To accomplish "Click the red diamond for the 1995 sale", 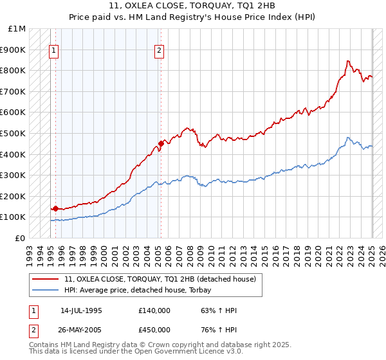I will coord(55,208).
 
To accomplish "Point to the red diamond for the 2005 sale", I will coord(161,143).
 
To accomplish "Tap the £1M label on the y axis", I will coord(17,29).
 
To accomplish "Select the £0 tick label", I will coord(21,238).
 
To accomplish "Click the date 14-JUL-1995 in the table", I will coord(81,310).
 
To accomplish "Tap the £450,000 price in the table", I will coord(154,330).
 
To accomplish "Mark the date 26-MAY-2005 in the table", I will coord(82,330).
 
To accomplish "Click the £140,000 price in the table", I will coord(154,310).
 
